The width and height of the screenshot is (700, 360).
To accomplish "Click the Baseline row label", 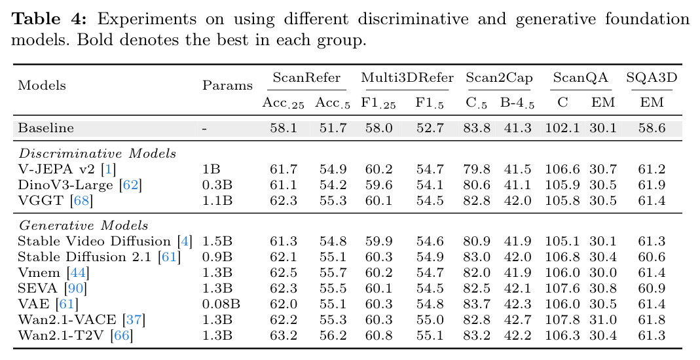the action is pyautogui.click(x=46, y=128).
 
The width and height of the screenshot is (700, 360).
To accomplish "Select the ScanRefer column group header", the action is pyautogui.click(x=306, y=78).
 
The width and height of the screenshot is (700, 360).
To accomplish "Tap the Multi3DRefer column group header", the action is pyautogui.click(x=407, y=78).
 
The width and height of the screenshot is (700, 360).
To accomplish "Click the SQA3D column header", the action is pyautogui.click(x=652, y=78).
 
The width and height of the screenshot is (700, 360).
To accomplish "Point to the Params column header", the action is pyautogui.click(x=227, y=85).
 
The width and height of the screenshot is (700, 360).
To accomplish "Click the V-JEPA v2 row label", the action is pyautogui.click(x=67, y=170).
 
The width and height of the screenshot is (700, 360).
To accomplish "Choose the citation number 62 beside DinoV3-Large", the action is pyautogui.click(x=130, y=185).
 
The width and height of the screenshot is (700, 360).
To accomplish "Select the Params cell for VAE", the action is pyautogui.click(x=221, y=304).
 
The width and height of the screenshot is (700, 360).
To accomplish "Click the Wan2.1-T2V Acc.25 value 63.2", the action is pyautogui.click(x=284, y=336).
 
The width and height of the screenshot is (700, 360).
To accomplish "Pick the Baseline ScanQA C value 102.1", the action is pyautogui.click(x=562, y=128).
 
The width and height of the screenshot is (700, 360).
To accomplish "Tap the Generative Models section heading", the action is pyautogui.click(x=83, y=225).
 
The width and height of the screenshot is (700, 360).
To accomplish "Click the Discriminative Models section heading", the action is pyautogui.click(x=98, y=153).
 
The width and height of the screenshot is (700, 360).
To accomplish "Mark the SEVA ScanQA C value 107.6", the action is pyautogui.click(x=562, y=289).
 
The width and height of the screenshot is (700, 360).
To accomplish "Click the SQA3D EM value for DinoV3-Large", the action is pyautogui.click(x=652, y=185).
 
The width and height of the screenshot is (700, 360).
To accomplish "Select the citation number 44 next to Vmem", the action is pyautogui.click(x=78, y=272).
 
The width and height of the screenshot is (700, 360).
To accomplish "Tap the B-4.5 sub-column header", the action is pyautogui.click(x=517, y=103).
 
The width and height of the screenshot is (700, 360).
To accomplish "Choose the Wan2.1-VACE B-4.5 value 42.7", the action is pyautogui.click(x=518, y=320).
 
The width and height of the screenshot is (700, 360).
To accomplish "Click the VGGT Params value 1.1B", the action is pyautogui.click(x=217, y=201).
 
